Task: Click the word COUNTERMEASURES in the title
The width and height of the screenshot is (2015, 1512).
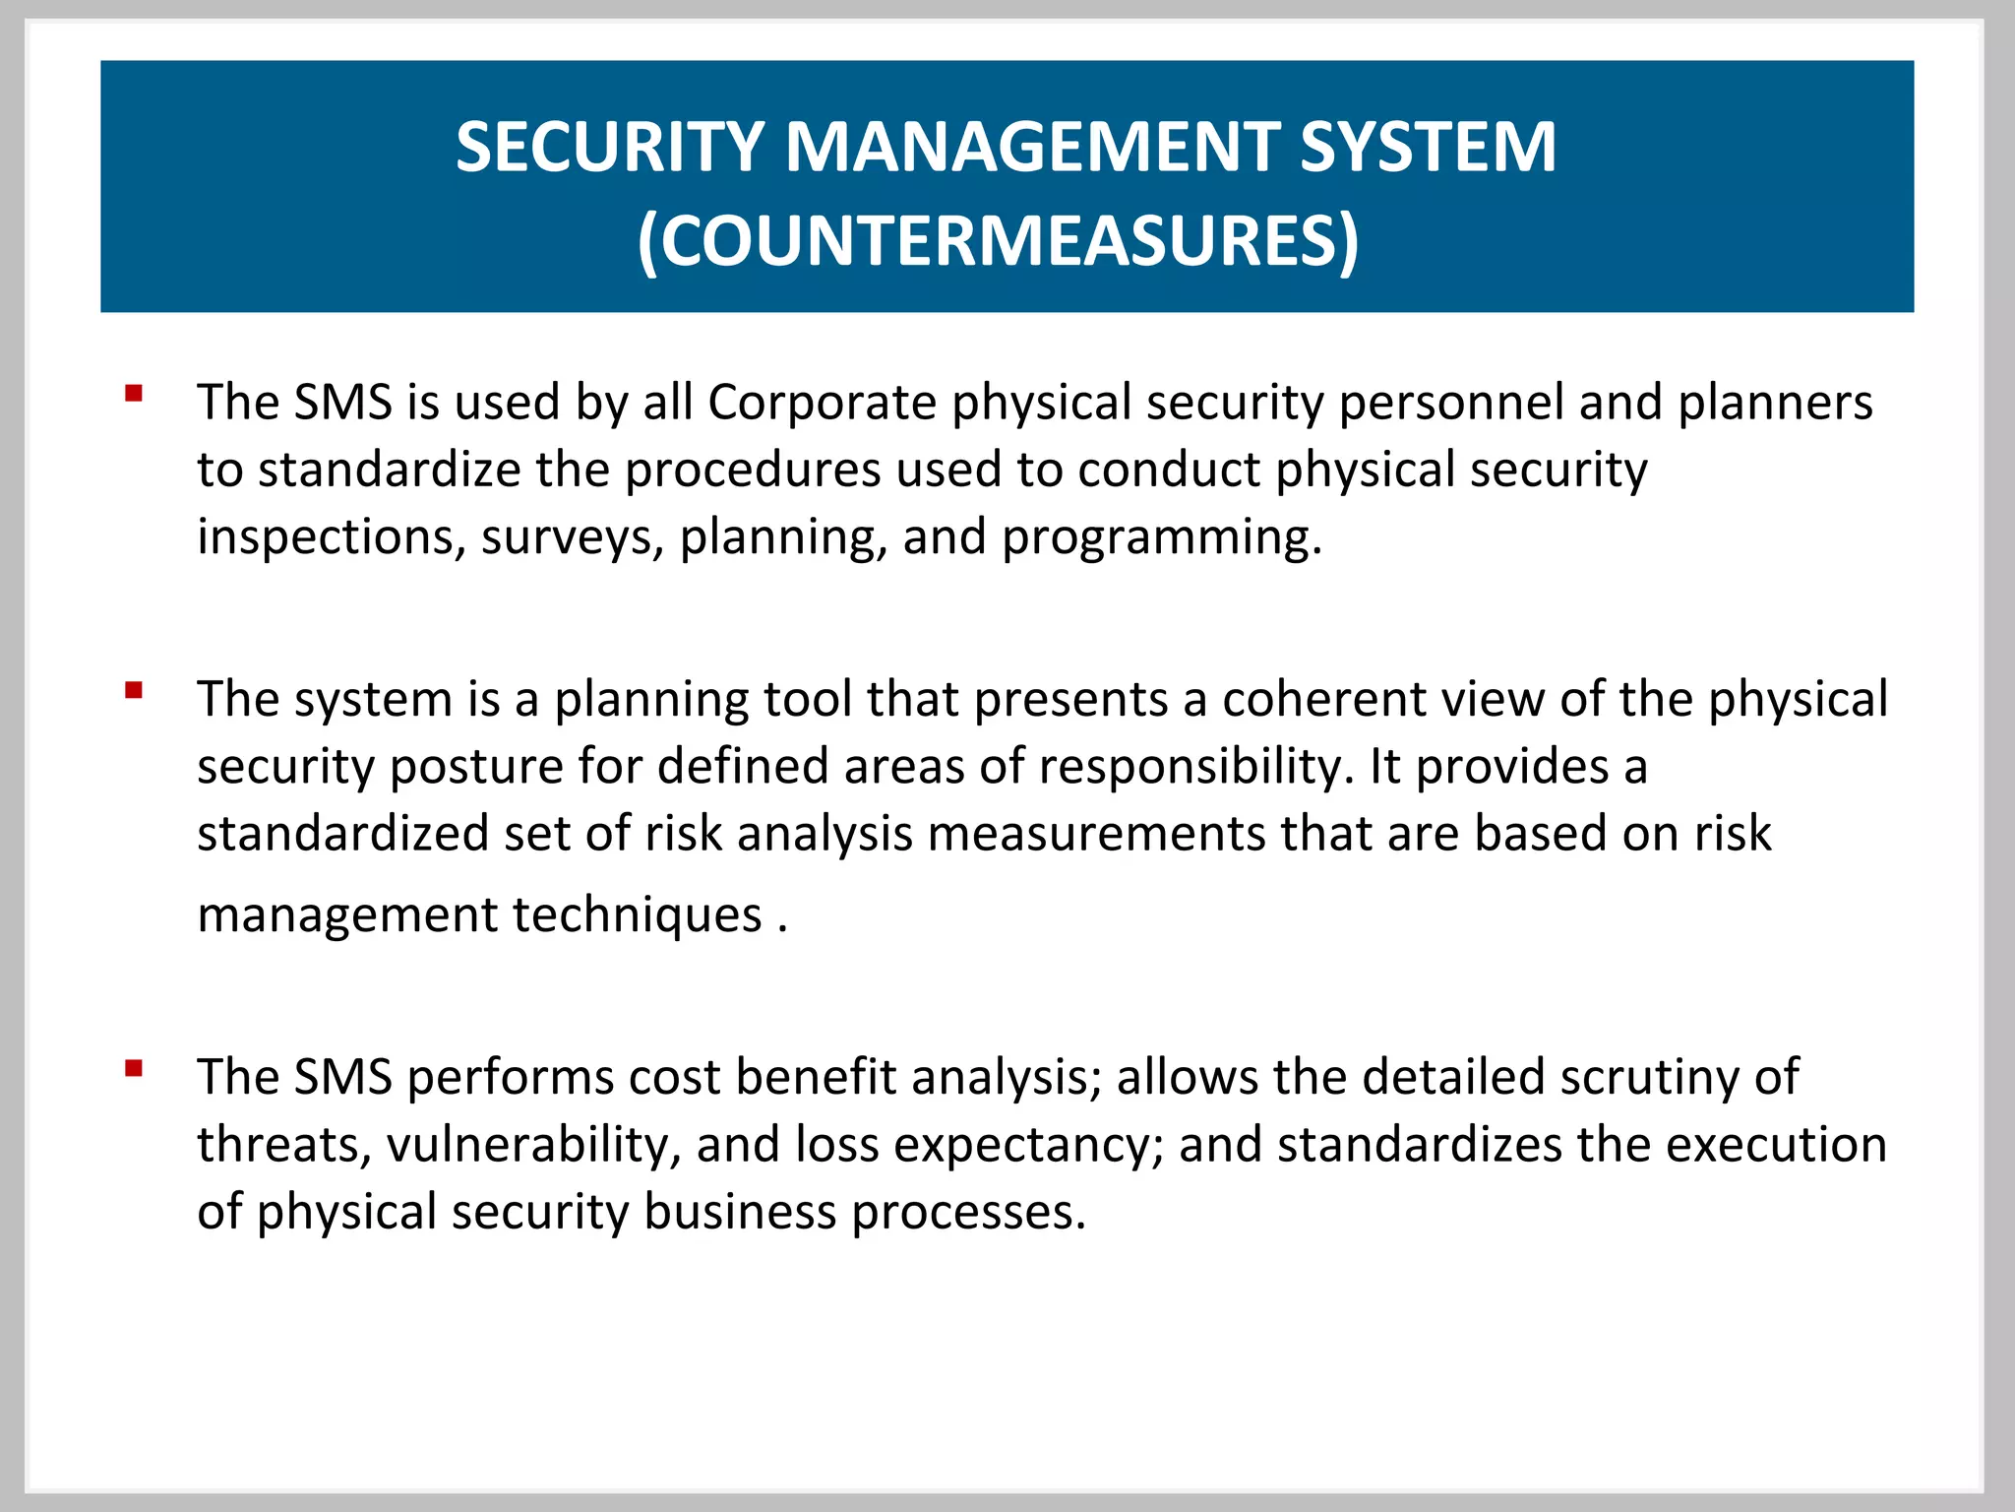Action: (998, 240)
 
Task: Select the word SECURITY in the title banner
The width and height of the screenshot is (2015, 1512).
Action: (610, 148)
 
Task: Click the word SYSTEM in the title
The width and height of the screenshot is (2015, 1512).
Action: (1428, 148)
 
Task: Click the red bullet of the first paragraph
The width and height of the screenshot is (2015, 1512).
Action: (134, 395)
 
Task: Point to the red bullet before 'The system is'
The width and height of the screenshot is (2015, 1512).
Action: (134, 690)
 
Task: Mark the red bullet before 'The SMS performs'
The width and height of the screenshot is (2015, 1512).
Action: (134, 1068)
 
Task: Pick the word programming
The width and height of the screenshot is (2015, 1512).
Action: (1161, 537)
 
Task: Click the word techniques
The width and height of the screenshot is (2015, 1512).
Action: (638, 914)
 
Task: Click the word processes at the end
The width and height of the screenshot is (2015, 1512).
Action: (968, 1212)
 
